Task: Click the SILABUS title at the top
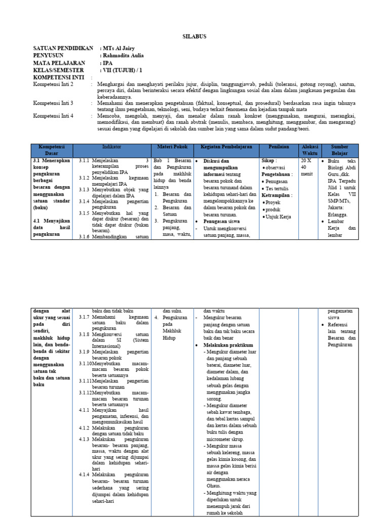pyautogui.click(x=194, y=36)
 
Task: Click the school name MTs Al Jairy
pyautogui.click(x=119, y=48)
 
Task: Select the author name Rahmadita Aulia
pyautogui.click(x=124, y=56)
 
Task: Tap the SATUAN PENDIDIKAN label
pyautogui.click(x=63, y=48)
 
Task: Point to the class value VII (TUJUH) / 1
pyautogui.click(x=122, y=70)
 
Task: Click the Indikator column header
pyautogui.click(x=112, y=147)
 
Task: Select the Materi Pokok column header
pyautogui.click(x=172, y=147)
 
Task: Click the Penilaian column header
pyautogui.click(x=279, y=147)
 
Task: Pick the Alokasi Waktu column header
pyautogui.click(x=309, y=150)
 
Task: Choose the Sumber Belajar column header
pyautogui.click(x=340, y=150)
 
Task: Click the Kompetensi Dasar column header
pyautogui.click(x=52, y=150)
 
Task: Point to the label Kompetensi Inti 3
pyautogui.click(x=53, y=103)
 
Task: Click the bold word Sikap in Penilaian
pyautogui.click(x=269, y=160)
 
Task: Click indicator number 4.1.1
pyautogui.click(x=84, y=410)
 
